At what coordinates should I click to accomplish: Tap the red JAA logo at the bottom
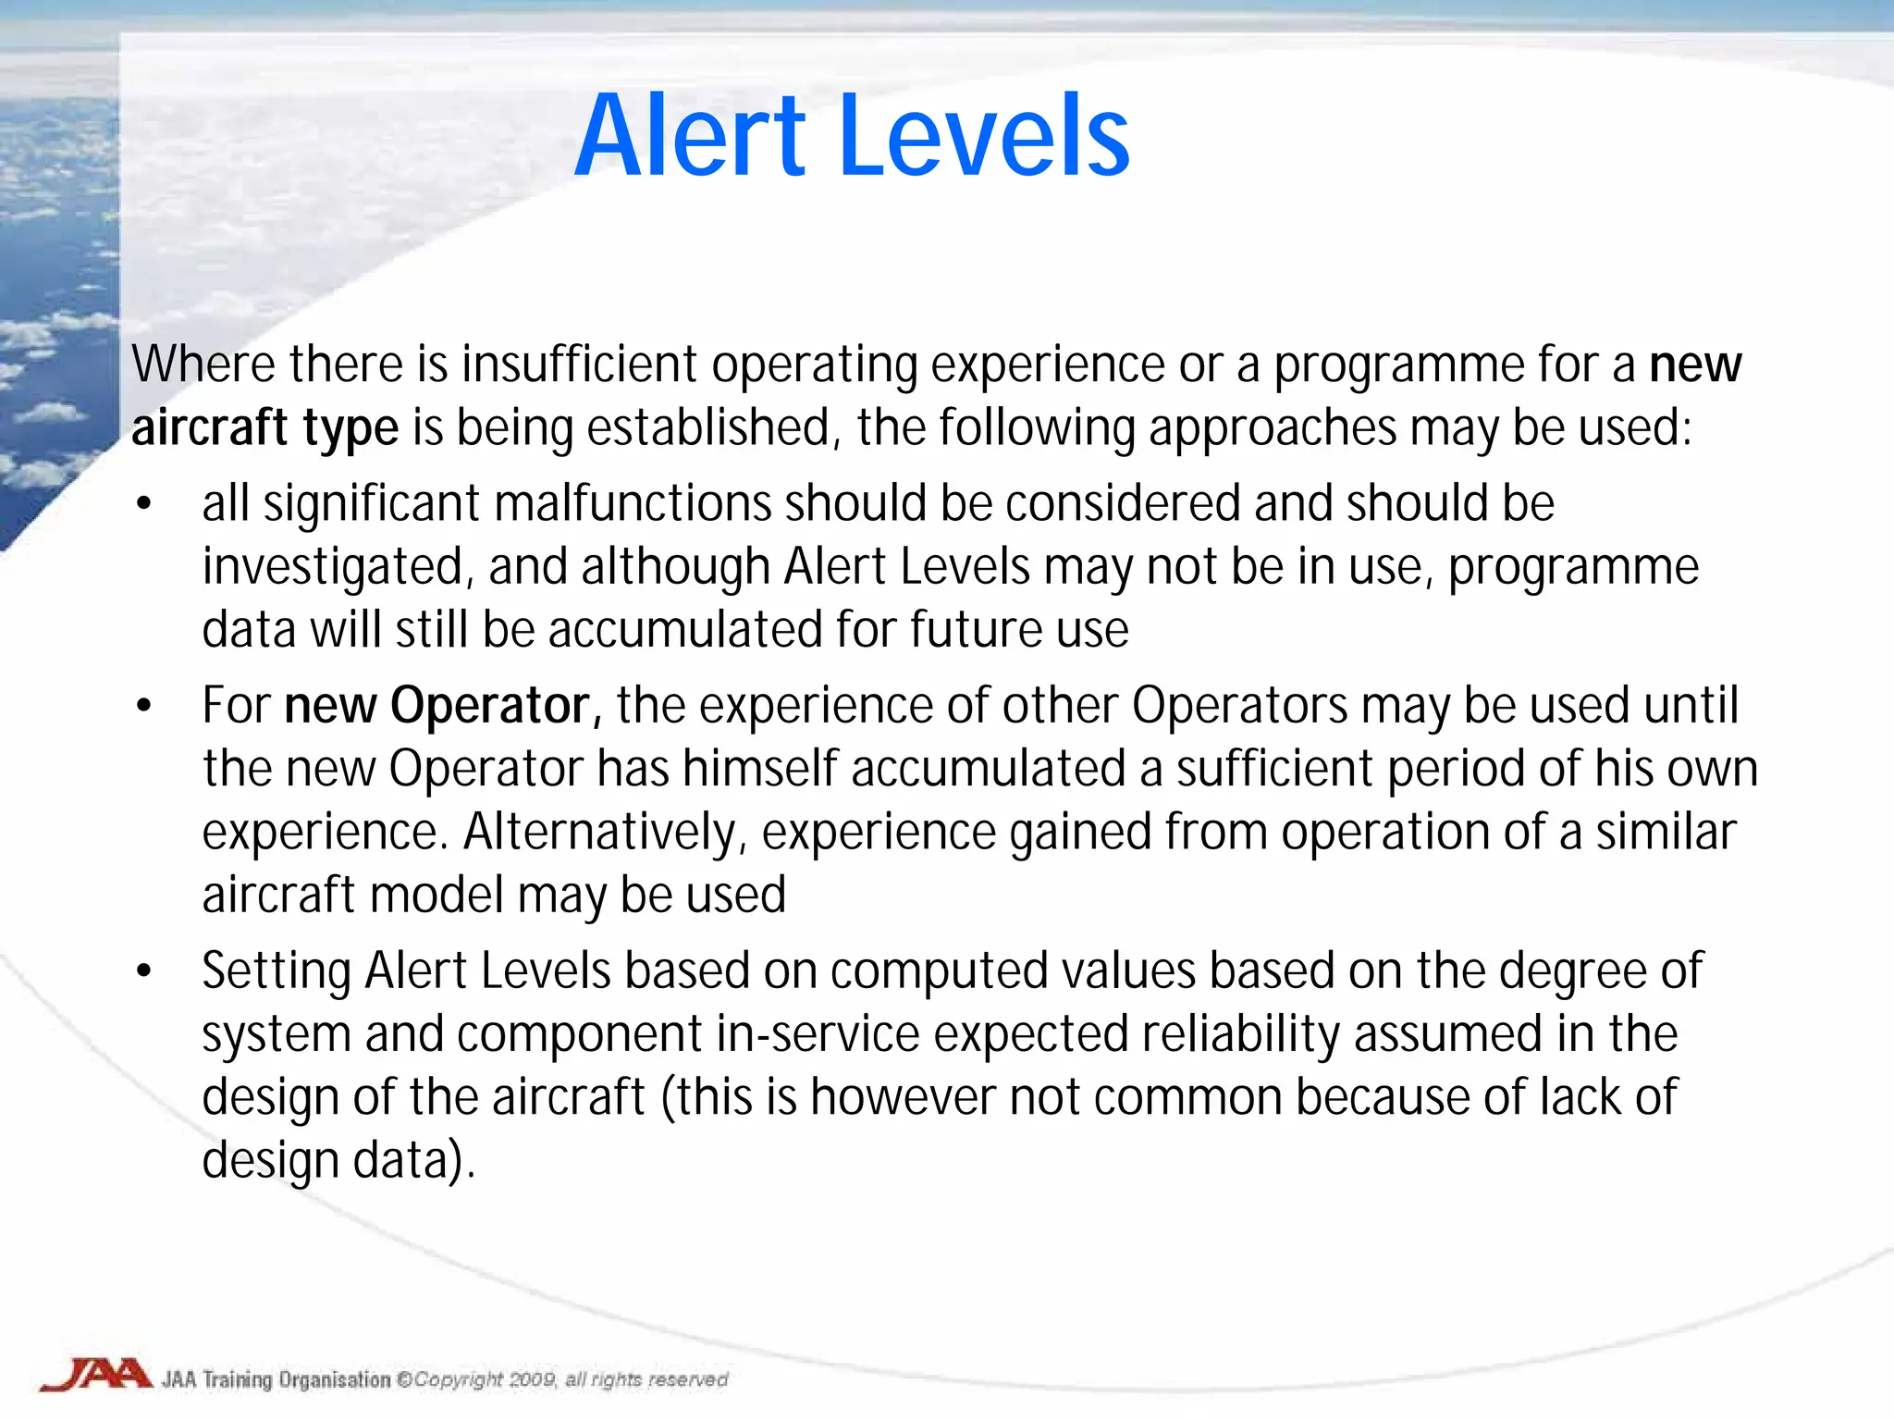coord(95,1375)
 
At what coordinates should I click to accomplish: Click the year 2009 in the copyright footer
coord(532,1379)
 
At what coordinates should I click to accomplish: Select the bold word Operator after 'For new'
coord(490,706)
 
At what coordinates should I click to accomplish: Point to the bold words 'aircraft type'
coord(264,428)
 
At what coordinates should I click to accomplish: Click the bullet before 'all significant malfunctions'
coord(143,504)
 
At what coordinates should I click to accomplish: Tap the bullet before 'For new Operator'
coord(143,706)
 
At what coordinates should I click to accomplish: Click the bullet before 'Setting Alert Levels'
coord(143,971)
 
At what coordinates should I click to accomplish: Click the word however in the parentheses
coord(903,1097)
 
